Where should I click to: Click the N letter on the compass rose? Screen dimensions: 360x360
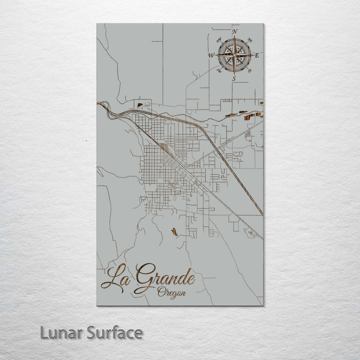(x=235, y=32)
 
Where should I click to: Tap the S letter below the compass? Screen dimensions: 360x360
(x=233, y=78)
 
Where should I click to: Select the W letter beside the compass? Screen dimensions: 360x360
(x=210, y=55)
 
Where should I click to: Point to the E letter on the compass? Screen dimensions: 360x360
(x=257, y=55)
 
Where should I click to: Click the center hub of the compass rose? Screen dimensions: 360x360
(x=233, y=55)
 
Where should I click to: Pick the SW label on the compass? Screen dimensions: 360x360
(x=218, y=71)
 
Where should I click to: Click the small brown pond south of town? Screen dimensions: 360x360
(x=173, y=231)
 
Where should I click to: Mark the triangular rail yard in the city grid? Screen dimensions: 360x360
(x=164, y=148)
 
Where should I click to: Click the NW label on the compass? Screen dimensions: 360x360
(x=218, y=40)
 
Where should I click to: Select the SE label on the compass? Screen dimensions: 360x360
(x=249, y=71)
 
